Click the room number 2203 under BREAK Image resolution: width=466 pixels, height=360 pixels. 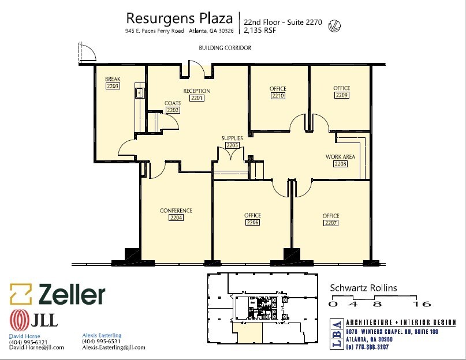113,86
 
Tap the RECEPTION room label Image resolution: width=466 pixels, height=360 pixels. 197,91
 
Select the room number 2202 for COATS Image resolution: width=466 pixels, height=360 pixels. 173,110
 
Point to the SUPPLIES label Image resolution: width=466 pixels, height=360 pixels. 232,138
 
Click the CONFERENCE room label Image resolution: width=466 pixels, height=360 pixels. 176,211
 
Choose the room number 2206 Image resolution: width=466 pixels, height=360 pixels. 252,223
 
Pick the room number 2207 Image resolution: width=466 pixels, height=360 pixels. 331,223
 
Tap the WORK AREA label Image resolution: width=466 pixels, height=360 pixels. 340,157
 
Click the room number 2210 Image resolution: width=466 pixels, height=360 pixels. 278,96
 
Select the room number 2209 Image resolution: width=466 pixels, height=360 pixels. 341,95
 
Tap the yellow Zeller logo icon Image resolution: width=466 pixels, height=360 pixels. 20,294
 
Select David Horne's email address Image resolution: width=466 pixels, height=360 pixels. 36,347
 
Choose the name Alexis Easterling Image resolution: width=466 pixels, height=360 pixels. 102,335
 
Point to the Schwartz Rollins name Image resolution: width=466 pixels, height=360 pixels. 363,288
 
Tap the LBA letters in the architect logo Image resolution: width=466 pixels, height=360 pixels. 335,333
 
